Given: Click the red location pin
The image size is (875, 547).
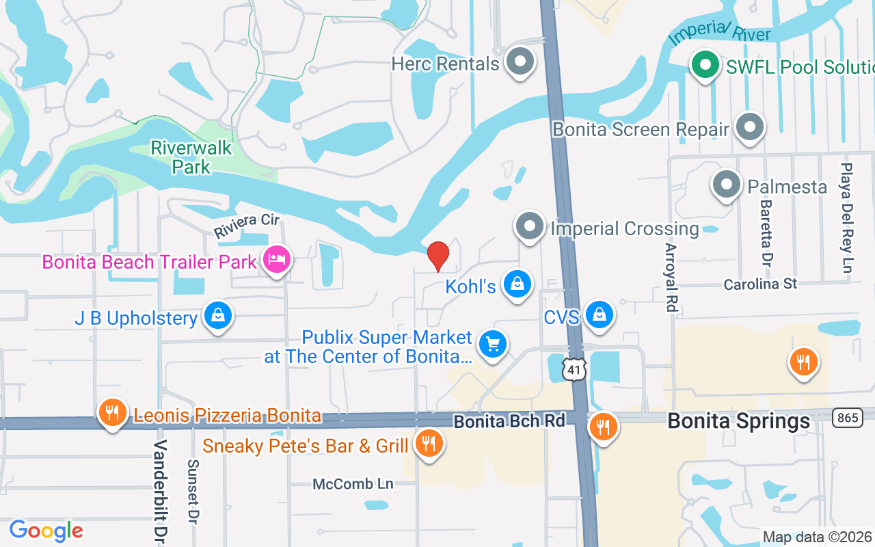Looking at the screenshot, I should tap(437, 256).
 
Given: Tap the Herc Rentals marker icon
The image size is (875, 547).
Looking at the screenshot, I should tap(520, 62).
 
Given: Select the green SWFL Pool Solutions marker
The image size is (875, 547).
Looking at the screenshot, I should tap(705, 66).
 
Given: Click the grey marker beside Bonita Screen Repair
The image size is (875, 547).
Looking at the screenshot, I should tap(750, 127).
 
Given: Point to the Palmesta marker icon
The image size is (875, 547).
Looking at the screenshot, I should tap(726, 185).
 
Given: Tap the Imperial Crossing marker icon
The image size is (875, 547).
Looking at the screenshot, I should tap(529, 226).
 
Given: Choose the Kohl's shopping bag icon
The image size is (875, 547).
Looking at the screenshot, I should tap(517, 284).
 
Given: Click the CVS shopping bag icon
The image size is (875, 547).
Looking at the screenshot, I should tap(600, 315).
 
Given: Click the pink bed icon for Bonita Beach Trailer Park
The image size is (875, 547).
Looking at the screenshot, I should tap(277, 260).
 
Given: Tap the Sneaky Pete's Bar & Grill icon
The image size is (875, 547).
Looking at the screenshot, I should tap(429, 444).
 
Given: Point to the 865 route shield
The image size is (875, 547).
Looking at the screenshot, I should tap(846, 418).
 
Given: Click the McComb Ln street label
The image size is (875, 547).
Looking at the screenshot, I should tap(353, 484).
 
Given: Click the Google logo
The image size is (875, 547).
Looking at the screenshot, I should tap(46, 531).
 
